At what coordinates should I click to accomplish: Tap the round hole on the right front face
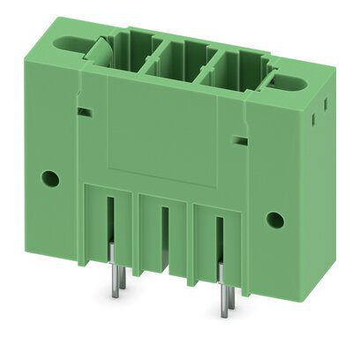[274, 218]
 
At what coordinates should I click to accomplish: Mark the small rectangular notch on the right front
[238, 139]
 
